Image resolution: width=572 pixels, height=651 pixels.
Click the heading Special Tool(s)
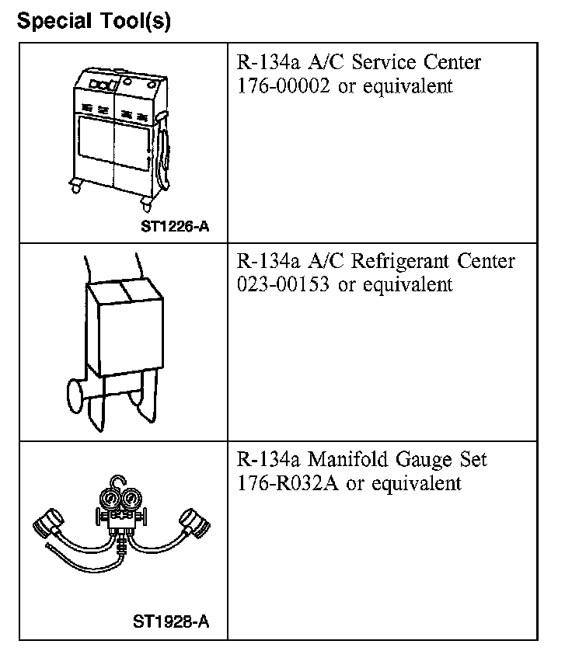click(94, 21)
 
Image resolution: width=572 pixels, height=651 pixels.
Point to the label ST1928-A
click(172, 622)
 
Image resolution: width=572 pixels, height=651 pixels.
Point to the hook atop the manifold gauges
click(116, 483)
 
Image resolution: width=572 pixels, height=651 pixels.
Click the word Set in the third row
click(473, 459)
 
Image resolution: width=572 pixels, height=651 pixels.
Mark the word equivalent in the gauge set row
click(416, 483)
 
